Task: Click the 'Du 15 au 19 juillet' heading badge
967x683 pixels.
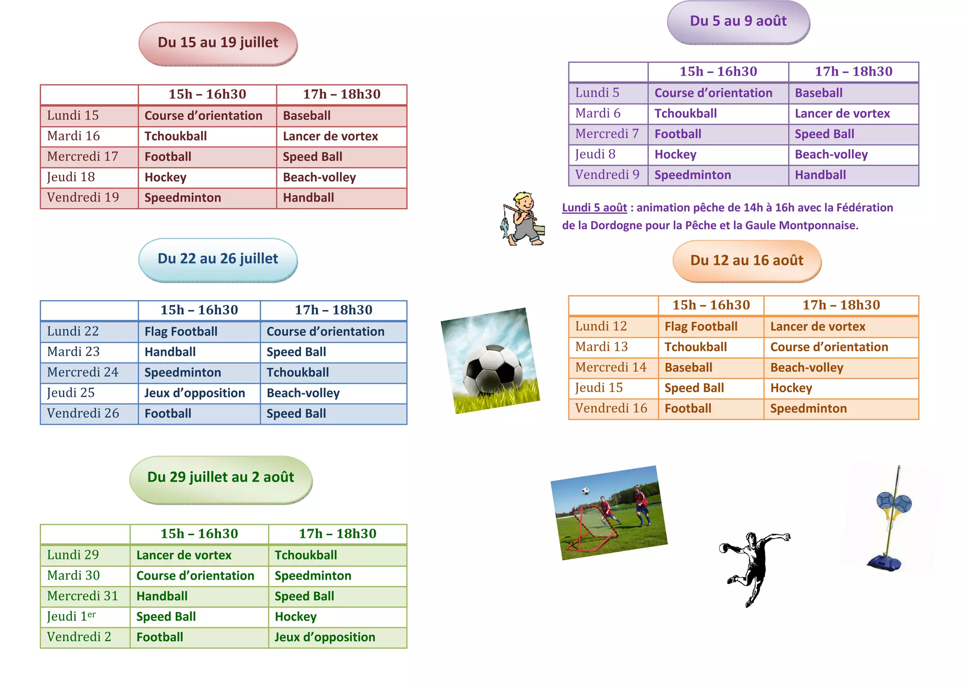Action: [218, 43]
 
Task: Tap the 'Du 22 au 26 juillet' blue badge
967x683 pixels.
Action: [218, 259]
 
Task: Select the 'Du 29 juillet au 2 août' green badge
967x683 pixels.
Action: [221, 478]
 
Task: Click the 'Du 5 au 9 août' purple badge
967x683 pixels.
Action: [738, 21]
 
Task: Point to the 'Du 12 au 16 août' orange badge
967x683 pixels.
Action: [746, 261]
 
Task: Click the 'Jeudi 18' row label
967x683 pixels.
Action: [71, 177]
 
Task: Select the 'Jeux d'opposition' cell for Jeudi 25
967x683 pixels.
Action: [195, 393]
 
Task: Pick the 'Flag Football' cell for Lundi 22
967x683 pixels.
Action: [181, 332]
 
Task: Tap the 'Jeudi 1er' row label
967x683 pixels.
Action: [71, 616]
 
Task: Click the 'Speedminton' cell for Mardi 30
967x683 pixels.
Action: [313, 576]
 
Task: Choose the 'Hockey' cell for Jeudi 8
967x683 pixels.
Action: [675, 154]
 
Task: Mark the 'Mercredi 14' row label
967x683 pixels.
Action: [611, 367]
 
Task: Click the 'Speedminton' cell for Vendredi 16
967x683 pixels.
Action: [808, 409]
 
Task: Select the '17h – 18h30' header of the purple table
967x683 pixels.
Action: [853, 72]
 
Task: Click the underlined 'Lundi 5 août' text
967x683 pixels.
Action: [594, 208]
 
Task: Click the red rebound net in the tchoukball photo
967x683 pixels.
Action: [588, 529]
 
